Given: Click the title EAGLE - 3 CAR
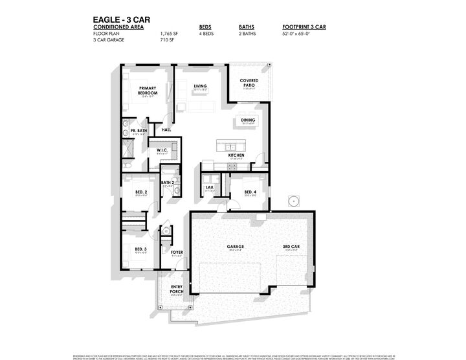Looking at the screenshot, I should click(120, 20).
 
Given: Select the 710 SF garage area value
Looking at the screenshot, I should click(167, 39).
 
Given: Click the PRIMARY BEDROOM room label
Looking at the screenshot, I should click(148, 91).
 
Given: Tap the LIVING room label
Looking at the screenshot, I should click(200, 85).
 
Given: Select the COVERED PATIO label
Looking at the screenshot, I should click(249, 82).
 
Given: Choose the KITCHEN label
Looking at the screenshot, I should click(236, 156).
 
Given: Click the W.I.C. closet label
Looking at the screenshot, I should click(162, 150).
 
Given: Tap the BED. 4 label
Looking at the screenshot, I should click(250, 192).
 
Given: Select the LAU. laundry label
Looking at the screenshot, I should click(210, 188).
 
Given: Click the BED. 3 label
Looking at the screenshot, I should click(141, 249).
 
